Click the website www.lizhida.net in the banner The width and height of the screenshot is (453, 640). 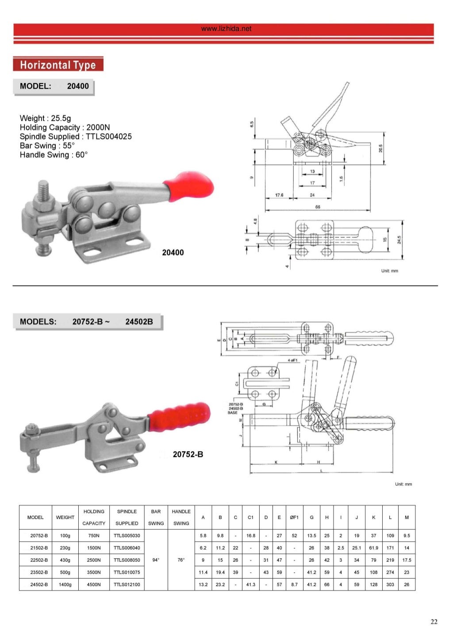226,29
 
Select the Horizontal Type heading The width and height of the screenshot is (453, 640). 58,65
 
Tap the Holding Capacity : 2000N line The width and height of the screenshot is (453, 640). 65,127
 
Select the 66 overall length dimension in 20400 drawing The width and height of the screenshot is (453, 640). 318,207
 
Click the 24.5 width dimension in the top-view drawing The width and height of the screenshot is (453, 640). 399,240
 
